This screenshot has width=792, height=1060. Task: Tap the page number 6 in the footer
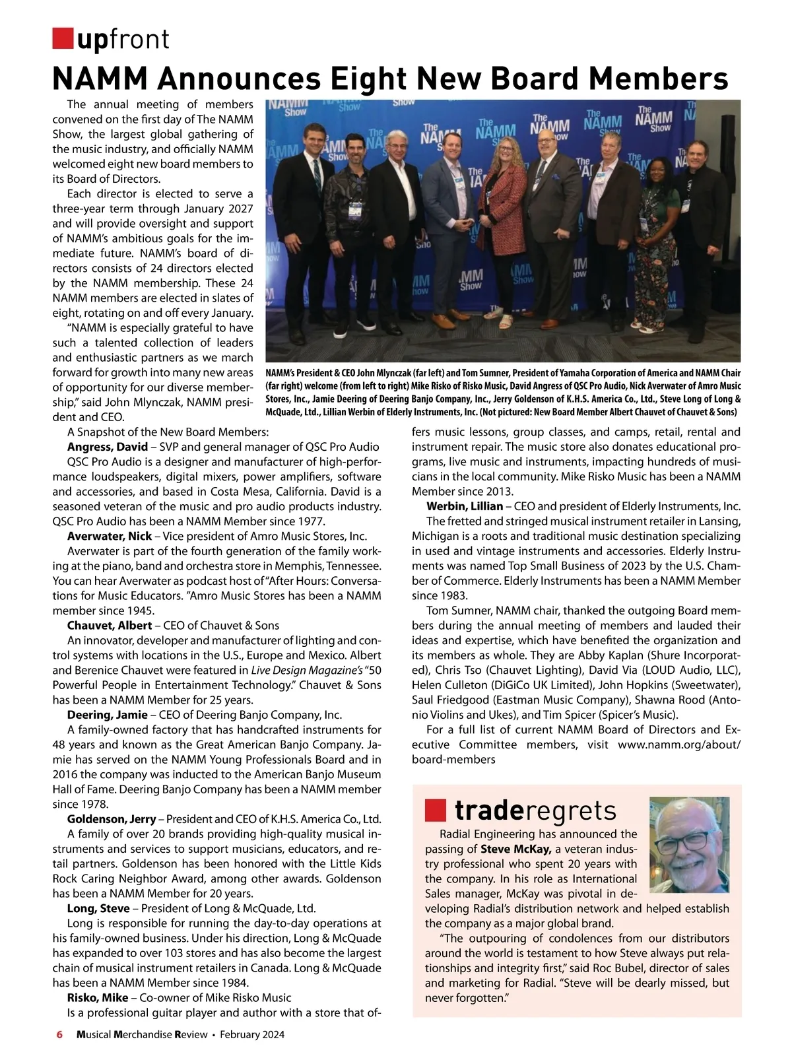pyautogui.click(x=59, y=1034)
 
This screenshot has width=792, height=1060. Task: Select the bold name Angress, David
pyautogui.click(x=108, y=447)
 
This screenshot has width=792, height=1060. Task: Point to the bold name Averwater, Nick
pyautogui.click(x=110, y=536)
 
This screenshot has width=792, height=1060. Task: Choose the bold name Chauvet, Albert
pyautogui.click(x=110, y=625)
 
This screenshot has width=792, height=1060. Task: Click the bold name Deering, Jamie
pyautogui.click(x=108, y=714)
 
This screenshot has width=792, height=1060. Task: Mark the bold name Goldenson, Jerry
pyautogui.click(x=112, y=819)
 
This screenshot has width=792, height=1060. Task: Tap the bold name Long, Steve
pyautogui.click(x=98, y=908)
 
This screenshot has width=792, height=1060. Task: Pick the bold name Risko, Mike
pyautogui.click(x=98, y=997)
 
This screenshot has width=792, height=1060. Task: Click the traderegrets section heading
pyautogui.click(x=535, y=811)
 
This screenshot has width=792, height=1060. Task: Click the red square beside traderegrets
pyautogui.click(x=436, y=809)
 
